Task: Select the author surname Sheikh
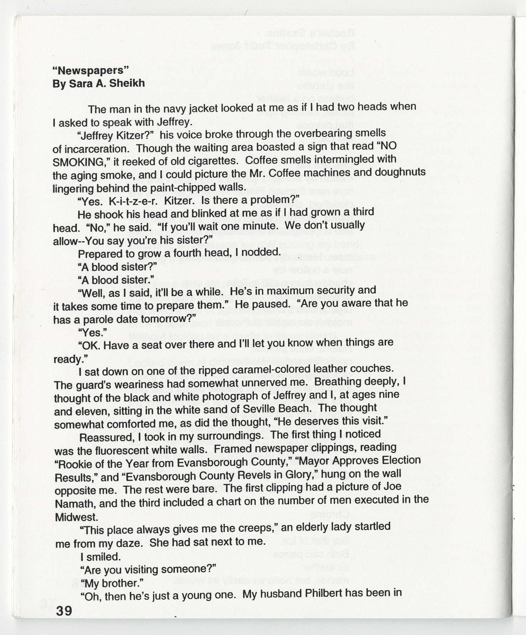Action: [x=127, y=83]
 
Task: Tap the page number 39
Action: [x=64, y=611]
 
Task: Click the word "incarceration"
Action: [x=93, y=149]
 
